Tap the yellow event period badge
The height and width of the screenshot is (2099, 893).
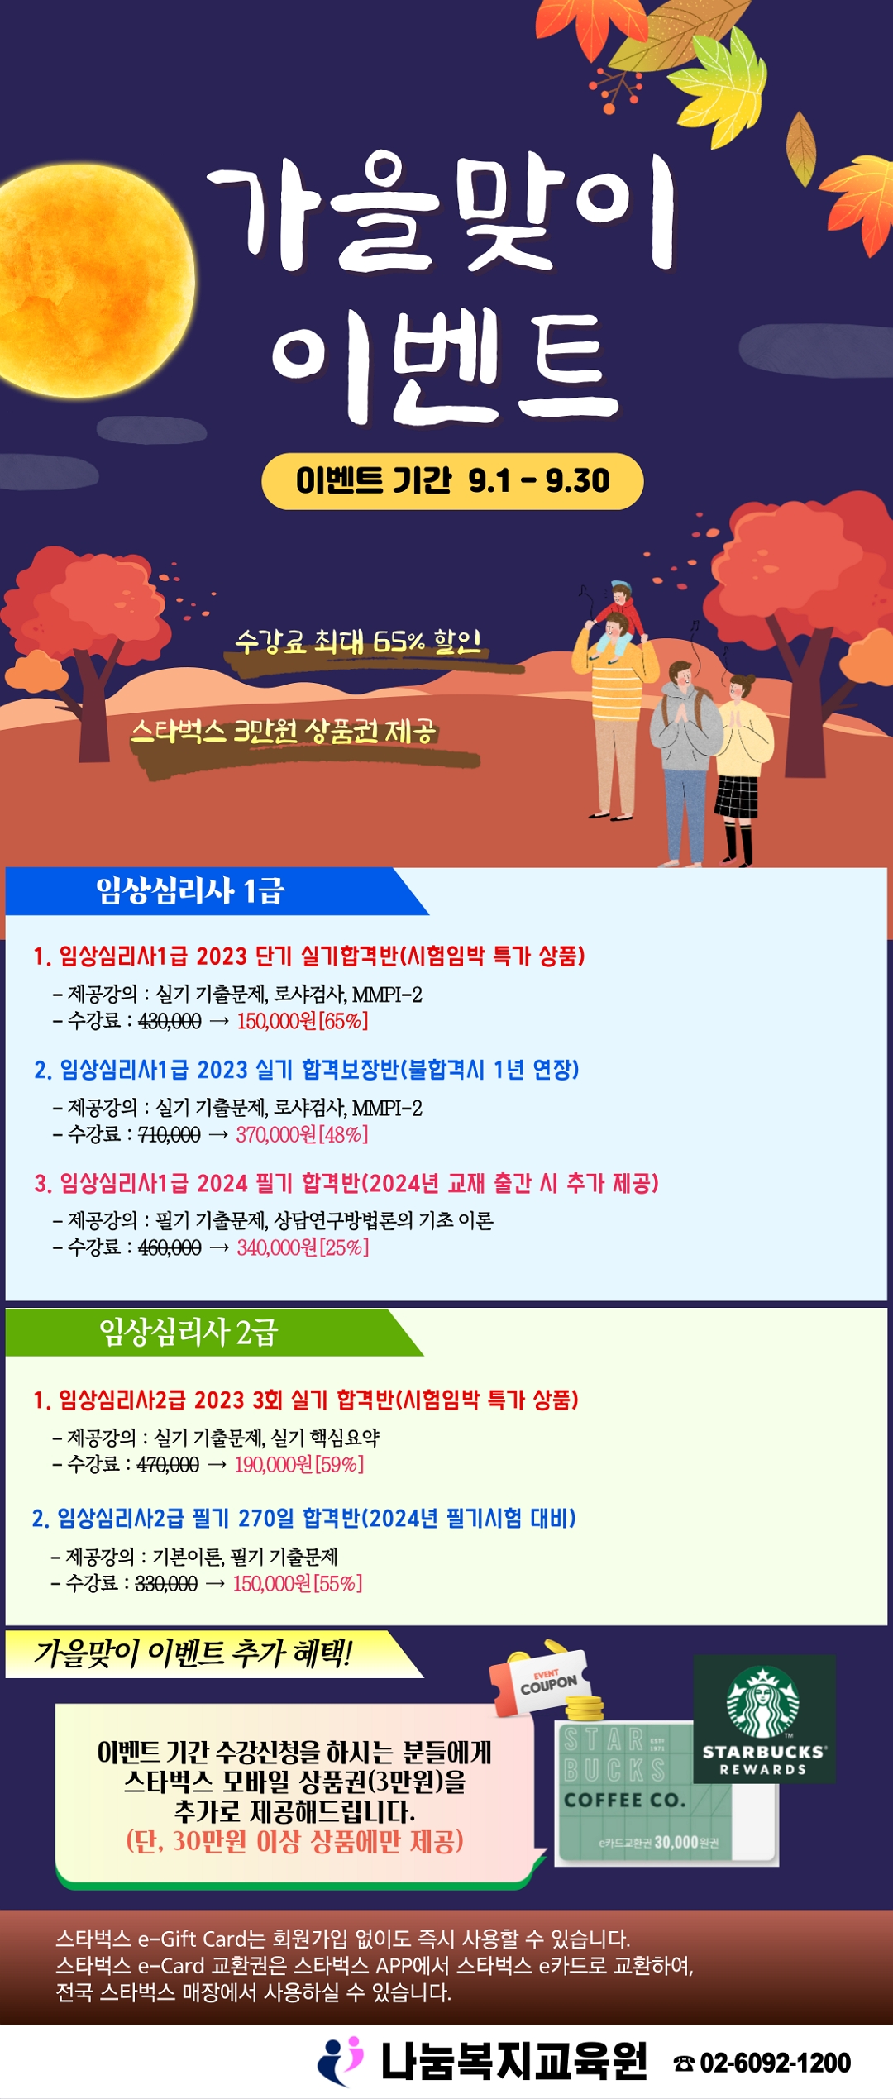click(452, 480)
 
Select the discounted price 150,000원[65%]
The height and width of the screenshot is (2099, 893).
click(303, 1021)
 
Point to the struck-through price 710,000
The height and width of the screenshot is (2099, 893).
click(170, 1134)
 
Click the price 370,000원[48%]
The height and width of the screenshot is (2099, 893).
click(302, 1134)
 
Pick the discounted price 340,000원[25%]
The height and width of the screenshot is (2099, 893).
click(303, 1247)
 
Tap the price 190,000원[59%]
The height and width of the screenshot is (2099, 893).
click(299, 1465)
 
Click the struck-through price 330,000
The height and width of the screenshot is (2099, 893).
click(166, 1584)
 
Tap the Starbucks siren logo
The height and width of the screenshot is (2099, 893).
click(762, 1701)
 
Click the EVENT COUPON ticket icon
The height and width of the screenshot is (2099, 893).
click(542, 1682)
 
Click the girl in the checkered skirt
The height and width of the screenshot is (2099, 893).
click(741, 769)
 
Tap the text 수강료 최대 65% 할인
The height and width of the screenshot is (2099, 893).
click(358, 642)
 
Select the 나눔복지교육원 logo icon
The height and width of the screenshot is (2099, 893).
click(341, 2062)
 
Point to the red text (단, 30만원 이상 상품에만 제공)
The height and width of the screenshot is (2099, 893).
click(294, 1842)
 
